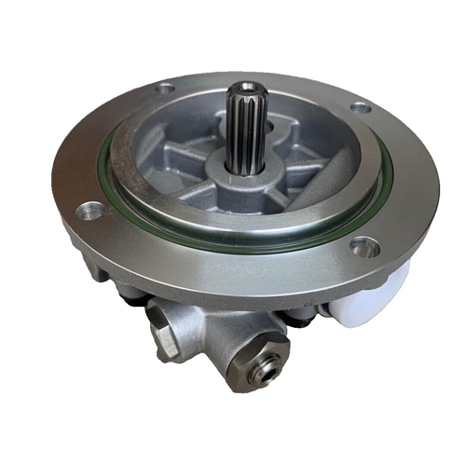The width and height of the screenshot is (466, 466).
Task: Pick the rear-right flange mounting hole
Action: coord(360,108)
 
